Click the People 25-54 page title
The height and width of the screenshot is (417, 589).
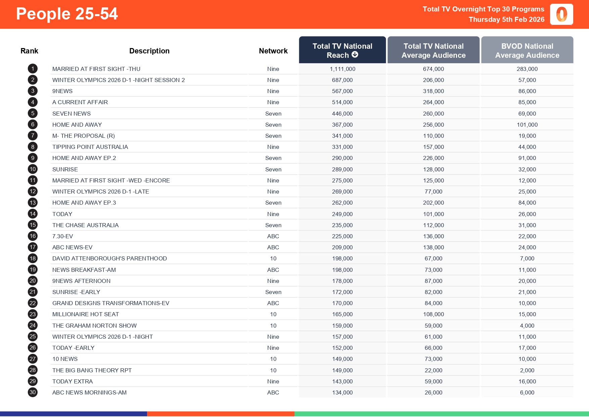tap(67, 14)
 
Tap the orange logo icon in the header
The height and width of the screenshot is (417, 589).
tap(561, 14)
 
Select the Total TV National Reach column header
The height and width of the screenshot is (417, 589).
tap(342, 50)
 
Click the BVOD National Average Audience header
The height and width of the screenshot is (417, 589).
tap(527, 50)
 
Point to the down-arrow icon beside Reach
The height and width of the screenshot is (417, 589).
tap(355, 54)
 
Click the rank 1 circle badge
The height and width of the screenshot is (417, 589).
tap(33, 69)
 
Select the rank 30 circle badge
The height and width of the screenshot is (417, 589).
tap(33, 392)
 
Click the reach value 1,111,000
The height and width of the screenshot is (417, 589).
tap(342, 69)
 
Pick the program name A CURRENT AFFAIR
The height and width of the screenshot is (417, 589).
tap(80, 102)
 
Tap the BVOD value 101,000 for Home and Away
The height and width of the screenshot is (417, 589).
tap(527, 125)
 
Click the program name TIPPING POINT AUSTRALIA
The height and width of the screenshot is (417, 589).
tap(90, 147)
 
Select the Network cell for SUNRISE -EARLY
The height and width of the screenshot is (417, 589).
tap(273, 292)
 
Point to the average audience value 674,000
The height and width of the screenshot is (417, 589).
tap(433, 69)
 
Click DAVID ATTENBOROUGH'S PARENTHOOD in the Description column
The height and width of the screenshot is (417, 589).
tap(109, 258)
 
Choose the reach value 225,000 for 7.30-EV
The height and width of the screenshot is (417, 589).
tap(342, 236)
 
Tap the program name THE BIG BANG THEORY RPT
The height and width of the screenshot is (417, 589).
tap(92, 370)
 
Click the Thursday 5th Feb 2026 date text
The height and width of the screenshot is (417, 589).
tap(506, 19)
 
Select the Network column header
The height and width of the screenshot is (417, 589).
tap(273, 51)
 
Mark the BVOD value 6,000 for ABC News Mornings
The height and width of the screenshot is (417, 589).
tap(527, 392)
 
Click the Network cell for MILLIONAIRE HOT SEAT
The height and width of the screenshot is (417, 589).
tap(273, 314)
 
